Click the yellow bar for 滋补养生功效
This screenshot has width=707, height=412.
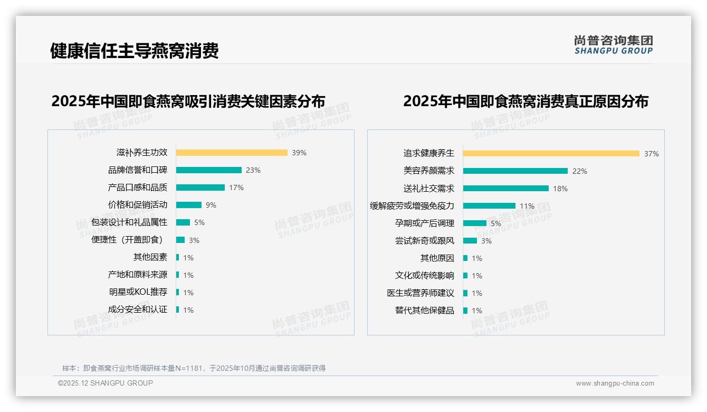232,153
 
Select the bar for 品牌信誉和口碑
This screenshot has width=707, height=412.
209,170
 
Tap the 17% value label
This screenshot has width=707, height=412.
236,188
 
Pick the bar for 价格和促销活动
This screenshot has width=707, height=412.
189,205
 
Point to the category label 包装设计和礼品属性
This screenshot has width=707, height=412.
129,222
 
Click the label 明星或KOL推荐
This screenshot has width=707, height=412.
138,292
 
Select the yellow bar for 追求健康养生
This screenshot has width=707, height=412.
551,154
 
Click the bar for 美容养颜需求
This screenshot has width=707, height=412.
515,171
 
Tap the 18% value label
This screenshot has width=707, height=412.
560,189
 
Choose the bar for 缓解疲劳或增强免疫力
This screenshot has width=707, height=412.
489,206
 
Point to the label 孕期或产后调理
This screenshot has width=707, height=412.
425,223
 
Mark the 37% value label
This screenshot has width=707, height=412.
652,154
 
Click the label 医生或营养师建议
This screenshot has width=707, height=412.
421,293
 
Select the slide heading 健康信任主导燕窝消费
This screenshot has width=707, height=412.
135,51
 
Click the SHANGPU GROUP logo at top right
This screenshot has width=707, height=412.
614,45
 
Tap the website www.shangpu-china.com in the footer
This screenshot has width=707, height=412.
615,383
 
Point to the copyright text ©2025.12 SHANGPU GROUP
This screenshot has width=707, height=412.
106,383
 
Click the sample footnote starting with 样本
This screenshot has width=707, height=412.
194,368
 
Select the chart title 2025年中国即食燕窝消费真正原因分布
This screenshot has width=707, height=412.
526,101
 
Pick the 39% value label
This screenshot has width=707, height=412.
299,153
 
